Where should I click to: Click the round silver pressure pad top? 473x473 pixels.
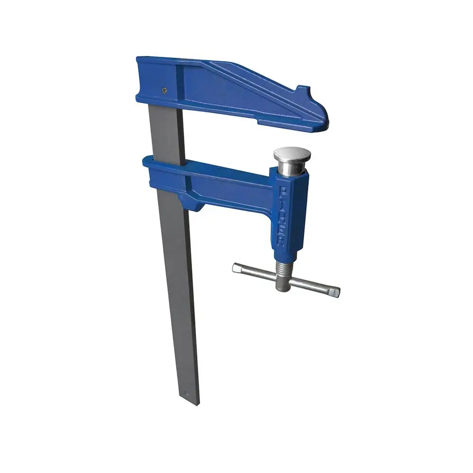click(290, 154)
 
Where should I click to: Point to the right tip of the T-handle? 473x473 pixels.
click(334, 292)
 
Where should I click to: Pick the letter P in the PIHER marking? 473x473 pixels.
click(283, 191)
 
